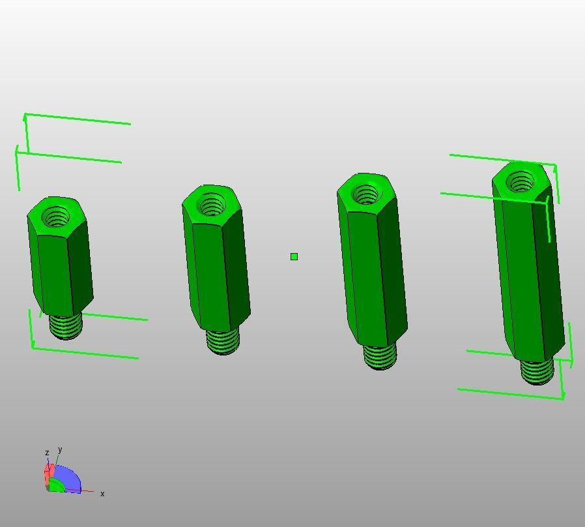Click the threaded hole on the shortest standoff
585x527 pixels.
tap(56, 217)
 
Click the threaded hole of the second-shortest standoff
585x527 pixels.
tap(212, 207)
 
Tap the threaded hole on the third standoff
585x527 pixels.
tap(365, 194)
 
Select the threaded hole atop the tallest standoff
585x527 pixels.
tap(521, 182)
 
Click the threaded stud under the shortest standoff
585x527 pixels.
tap(66, 326)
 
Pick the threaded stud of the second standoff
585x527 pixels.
tap(223, 342)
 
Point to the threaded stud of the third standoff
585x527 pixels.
tap(380, 356)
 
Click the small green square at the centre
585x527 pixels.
tap(294, 256)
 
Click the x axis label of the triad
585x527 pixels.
tap(102, 494)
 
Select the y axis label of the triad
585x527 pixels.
tap(60, 450)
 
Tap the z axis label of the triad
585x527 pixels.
tap(47, 453)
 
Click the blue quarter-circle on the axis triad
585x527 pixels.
tap(69, 477)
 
